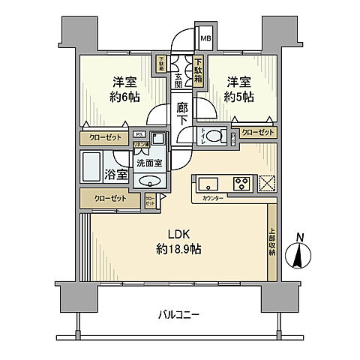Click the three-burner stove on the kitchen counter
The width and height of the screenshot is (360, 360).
pos(241,183)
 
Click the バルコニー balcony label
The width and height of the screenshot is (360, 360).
pos(178,315)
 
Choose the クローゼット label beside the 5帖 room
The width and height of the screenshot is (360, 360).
pos(257,132)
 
